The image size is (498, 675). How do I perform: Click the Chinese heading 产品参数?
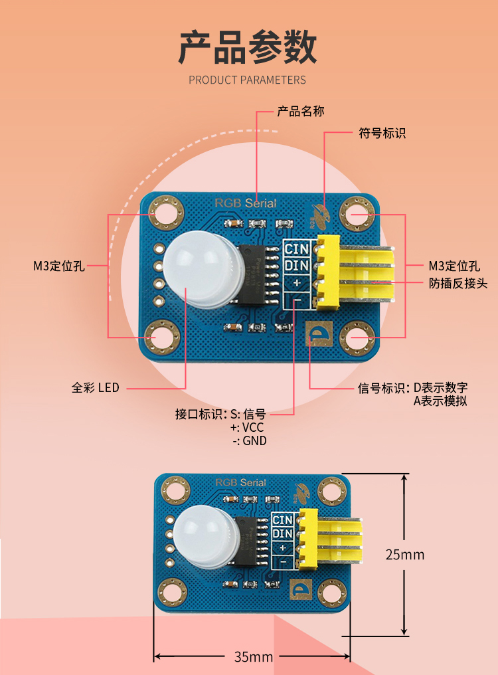click(248, 47)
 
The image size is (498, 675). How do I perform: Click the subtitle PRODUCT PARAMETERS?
click(248, 80)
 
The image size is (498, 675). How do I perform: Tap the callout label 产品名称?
click(300, 111)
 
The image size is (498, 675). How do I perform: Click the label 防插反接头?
click(458, 284)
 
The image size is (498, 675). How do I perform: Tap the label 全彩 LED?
click(96, 387)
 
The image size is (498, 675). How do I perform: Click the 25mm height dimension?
click(404, 554)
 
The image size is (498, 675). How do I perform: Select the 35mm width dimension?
click(253, 656)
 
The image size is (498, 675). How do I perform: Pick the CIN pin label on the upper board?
click(297, 248)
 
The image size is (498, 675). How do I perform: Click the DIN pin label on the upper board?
click(297, 266)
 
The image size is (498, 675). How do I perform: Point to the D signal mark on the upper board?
click(318, 334)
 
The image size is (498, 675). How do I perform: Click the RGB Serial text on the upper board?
click(245, 203)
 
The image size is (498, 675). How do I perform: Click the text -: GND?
click(249, 440)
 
